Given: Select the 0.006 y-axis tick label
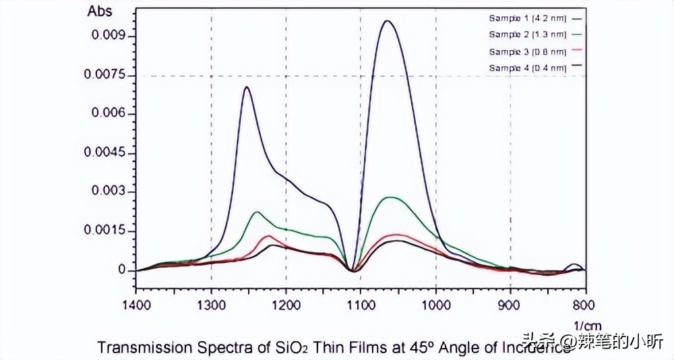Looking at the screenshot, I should [x=109, y=114].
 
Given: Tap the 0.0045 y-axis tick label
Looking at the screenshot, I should [x=105, y=153].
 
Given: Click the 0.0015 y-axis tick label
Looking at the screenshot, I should [x=105, y=231].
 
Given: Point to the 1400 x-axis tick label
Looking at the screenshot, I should [x=136, y=305].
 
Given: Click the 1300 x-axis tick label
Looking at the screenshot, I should [x=211, y=305].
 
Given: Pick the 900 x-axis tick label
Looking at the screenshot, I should [x=510, y=305].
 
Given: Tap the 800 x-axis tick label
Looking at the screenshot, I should [x=584, y=305].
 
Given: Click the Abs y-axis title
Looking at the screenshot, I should [x=100, y=11].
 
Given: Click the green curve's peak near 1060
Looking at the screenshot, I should [x=390, y=198].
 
